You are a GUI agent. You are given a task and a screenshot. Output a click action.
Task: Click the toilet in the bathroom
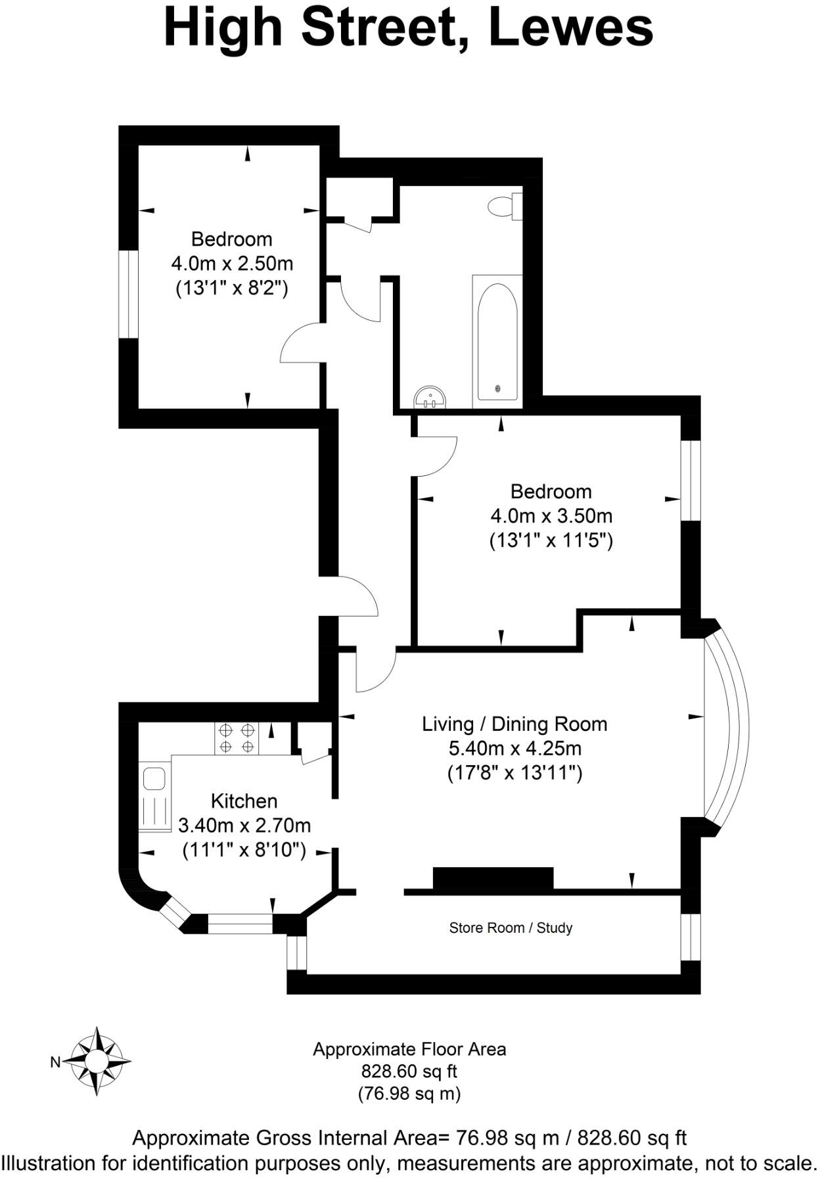pos(505,206)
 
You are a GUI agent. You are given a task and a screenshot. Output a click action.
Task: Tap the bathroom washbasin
pos(430,398)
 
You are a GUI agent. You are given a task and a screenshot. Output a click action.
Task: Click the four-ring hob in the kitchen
pos(237,738)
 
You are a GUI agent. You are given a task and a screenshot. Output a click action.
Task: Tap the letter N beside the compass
pos(56,1062)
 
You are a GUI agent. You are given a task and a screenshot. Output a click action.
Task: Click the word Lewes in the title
pos(571,28)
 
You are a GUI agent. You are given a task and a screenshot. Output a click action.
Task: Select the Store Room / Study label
pos(511,928)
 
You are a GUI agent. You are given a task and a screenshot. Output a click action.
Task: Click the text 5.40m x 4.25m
pos(514,748)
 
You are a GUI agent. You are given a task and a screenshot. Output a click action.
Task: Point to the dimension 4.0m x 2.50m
pos(232,264)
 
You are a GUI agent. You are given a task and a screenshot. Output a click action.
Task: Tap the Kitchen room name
pos(244,801)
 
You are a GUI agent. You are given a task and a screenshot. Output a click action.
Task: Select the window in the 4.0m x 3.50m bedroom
pos(691,481)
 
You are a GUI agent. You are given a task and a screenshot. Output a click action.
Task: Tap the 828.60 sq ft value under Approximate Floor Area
pos(409,1071)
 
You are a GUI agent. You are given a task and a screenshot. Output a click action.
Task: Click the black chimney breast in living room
pos(493,878)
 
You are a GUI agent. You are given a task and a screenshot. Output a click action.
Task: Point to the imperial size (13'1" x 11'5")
pos(551,540)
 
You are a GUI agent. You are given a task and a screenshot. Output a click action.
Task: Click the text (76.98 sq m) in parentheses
pos(409,1093)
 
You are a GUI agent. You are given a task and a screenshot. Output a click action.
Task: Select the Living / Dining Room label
pos(514,724)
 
